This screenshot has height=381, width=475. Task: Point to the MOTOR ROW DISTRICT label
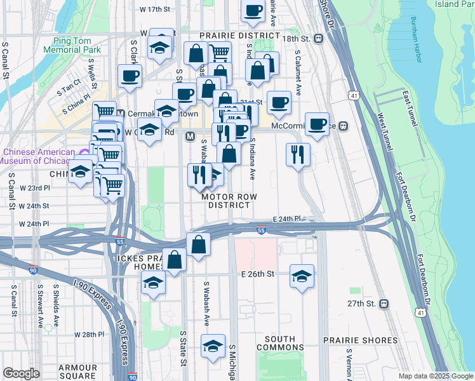click(x=229, y=201)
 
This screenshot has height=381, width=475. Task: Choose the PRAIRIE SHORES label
click(x=360, y=340)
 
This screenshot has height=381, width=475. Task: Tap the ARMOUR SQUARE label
click(x=77, y=372)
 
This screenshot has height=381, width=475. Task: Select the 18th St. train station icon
click(x=319, y=39)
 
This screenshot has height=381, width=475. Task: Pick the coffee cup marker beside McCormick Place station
click(x=317, y=124)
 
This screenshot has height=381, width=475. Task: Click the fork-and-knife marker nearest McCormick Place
click(x=298, y=154)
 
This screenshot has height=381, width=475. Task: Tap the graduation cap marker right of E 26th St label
click(x=302, y=276)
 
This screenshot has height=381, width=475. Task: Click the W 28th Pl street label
click(x=88, y=334)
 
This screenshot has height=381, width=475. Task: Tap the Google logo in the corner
click(x=21, y=373)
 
